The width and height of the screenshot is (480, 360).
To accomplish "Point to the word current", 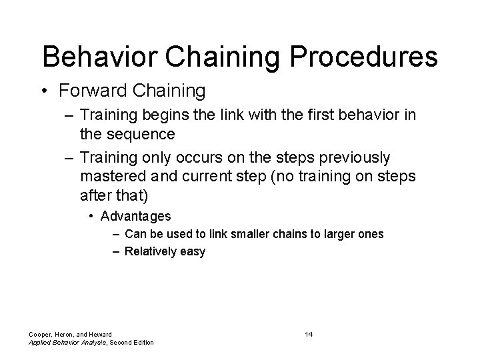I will coord(216,177).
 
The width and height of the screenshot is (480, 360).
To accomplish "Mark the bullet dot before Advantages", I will coord(93,217).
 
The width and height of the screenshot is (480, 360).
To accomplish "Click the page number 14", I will coord(309,333).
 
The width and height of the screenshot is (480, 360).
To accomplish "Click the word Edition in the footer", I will coord(141,342).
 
